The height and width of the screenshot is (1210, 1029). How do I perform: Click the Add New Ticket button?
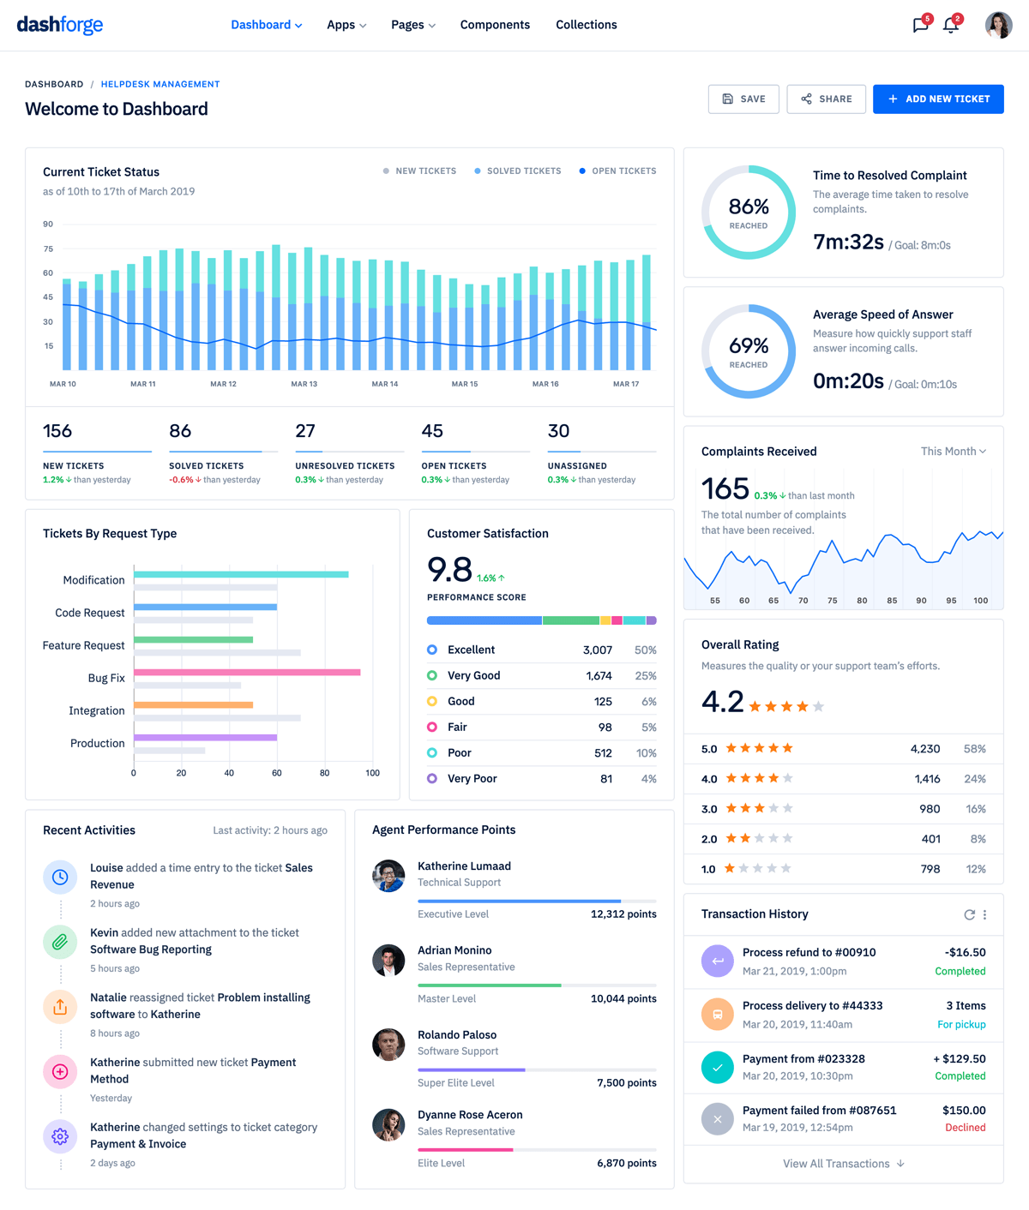pos(938,99)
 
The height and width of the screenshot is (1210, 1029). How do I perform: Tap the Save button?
pos(743,99)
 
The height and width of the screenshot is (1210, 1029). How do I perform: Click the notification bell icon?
pos(951,25)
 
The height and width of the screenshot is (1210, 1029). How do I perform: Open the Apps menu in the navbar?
pos(346,25)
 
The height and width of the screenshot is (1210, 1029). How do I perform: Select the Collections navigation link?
pos(586,25)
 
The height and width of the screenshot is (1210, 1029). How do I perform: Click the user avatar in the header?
pos(998,25)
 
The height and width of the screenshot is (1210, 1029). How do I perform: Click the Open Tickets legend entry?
pos(617,171)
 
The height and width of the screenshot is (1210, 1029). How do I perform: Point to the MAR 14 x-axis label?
pos(384,384)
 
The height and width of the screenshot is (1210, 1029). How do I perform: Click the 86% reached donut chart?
pos(749,213)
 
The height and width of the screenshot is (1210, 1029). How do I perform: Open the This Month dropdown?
pos(953,452)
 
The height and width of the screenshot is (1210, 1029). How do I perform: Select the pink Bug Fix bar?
pos(247,673)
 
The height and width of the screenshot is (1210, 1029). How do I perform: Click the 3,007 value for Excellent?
pos(598,650)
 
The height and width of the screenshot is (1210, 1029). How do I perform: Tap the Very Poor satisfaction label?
pos(472,779)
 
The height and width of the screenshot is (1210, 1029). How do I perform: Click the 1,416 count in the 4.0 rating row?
pos(927,779)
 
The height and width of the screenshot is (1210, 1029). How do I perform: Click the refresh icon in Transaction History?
pos(969,914)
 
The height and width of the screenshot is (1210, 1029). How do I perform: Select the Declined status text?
pos(965,1128)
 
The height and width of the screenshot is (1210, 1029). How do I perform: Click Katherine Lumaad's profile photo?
pos(388,876)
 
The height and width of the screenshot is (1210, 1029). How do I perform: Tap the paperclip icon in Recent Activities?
pos(60,942)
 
